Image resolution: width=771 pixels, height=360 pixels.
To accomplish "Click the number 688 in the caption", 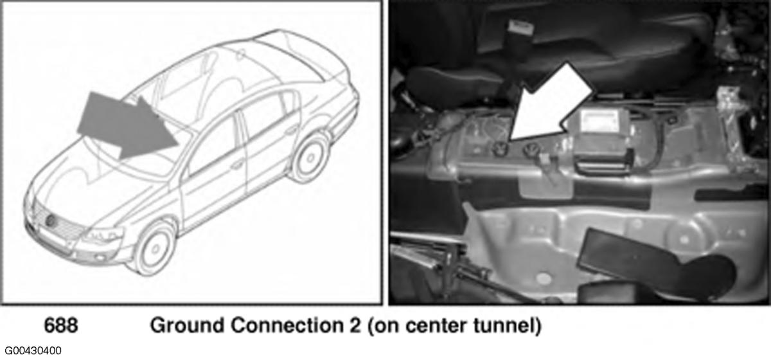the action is click(x=61, y=325).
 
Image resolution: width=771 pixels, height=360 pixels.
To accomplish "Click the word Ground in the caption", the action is click(x=188, y=325).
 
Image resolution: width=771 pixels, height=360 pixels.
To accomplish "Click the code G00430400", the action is click(x=33, y=351).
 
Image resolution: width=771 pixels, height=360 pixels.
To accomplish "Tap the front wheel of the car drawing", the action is click(x=154, y=248).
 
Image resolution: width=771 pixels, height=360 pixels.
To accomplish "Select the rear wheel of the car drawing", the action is click(x=309, y=157).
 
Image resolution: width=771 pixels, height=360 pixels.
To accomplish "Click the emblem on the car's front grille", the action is click(x=51, y=220).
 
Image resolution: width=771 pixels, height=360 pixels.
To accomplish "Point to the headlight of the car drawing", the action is click(x=102, y=235).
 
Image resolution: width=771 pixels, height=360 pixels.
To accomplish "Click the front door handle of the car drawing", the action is click(x=237, y=165).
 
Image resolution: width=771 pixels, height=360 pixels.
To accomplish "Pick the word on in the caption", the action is click(x=386, y=326).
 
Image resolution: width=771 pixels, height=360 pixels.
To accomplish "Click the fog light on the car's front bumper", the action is click(x=100, y=257).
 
